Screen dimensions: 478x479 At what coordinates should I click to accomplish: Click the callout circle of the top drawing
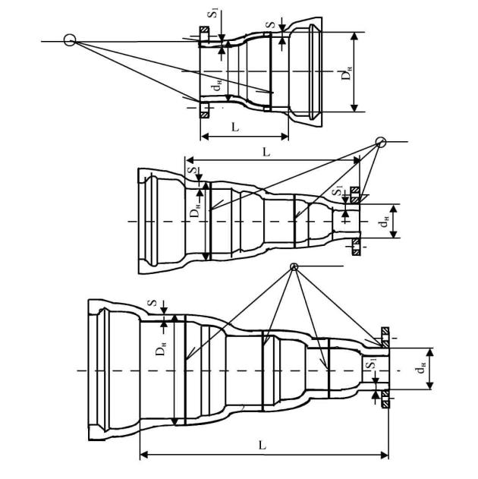70,40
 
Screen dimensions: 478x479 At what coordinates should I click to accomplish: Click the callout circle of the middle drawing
381,142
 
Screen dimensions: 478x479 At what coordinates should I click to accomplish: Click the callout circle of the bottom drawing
294,266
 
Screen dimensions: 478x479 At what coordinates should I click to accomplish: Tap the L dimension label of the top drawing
235,127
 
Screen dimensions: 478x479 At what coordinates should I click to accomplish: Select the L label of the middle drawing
266,152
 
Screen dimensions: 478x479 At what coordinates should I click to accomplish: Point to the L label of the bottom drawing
263,446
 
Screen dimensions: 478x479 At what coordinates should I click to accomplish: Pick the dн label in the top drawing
217,85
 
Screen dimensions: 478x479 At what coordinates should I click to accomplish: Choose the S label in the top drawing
272,25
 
